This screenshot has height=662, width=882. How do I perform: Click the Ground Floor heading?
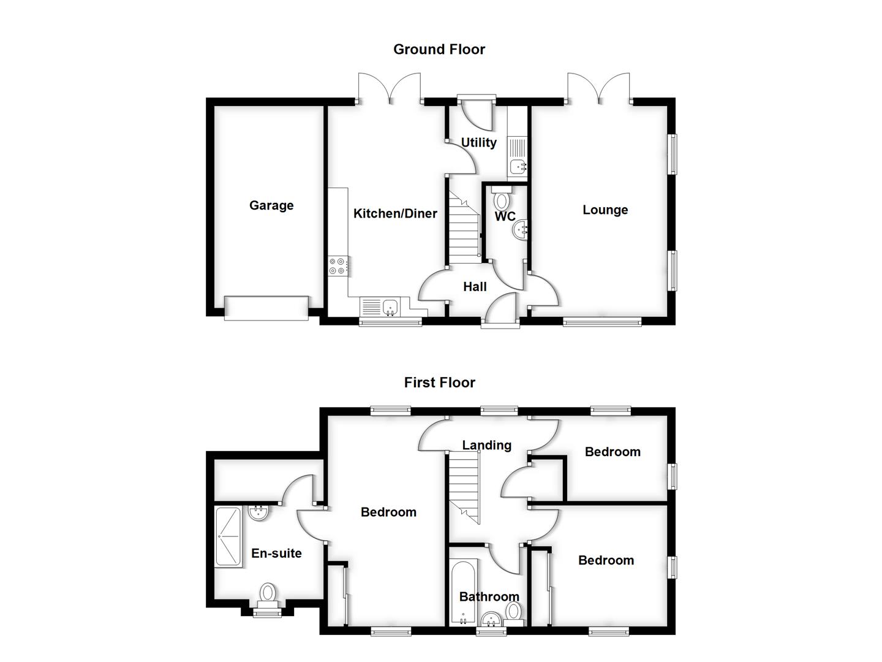click(439, 50)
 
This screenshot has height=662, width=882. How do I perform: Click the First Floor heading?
click(439, 382)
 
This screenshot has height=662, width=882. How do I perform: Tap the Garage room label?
click(271, 205)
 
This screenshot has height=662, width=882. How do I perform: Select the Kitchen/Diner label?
click(395, 213)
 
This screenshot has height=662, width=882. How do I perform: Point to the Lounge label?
click(605, 210)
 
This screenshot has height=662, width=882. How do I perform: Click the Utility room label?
click(478, 142)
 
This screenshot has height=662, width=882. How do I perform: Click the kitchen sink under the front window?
click(388, 306)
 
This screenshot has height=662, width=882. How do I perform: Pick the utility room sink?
click(518, 165)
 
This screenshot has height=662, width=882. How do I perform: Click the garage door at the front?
click(266, 308)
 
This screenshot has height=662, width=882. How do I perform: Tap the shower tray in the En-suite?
click(228, 536)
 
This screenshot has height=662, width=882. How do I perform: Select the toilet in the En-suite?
click(268, 594)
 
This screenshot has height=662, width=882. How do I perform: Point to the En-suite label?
click(276, 553)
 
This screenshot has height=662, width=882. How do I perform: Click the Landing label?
click(486, 445)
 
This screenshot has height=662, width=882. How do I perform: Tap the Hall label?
click(475, 286)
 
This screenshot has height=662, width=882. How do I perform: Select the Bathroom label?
click(489, 596)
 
